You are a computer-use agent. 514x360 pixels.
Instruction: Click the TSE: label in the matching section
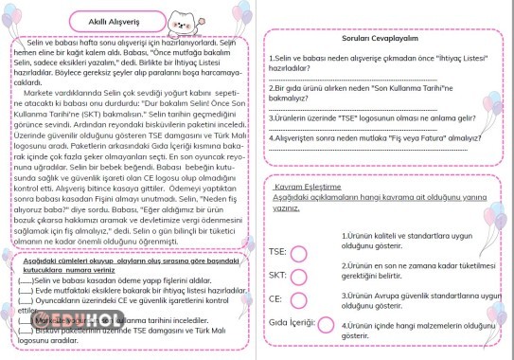[277, 252]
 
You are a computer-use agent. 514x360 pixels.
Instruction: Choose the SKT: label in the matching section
[277, 275]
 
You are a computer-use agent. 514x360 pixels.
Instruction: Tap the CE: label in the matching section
[275, 298]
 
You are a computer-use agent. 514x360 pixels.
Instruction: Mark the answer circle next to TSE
[300, 253]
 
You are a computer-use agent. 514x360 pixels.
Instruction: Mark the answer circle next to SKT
[300, 276]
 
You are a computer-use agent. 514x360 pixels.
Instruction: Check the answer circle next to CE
[300, 299]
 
